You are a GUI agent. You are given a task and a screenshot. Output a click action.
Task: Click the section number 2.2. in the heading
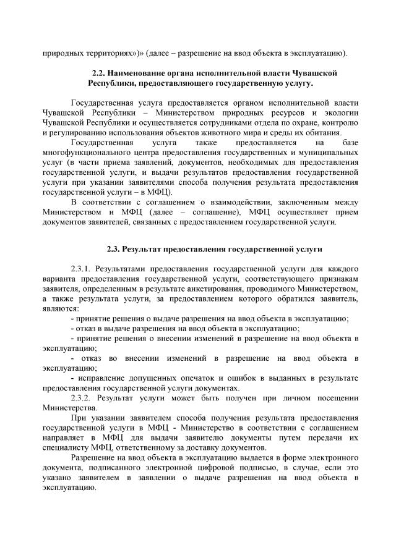tap(99, 74)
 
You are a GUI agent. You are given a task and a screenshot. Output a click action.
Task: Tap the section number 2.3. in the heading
tap(113, 250)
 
